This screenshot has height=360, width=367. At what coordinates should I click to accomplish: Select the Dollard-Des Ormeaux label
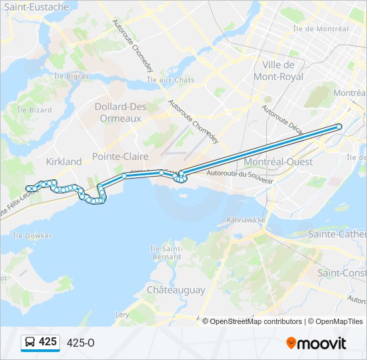click(x=119, y=112)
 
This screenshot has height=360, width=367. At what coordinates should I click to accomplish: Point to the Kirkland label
click(x=63, y=161)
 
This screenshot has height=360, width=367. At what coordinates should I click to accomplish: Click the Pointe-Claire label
click(x=120, y=156)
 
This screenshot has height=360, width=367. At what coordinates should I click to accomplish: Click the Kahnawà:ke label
click(x=246, y=219)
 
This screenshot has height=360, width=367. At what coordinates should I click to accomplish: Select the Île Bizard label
click(x=30, y=109)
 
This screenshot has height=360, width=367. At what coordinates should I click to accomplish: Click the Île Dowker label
click(x=32, y=235)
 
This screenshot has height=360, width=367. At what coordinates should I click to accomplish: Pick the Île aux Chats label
click(x=171, y=80)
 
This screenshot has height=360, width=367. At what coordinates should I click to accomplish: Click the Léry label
click(x=122, y=314)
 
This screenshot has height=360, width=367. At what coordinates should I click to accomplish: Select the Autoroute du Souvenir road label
click(x=240, y=175)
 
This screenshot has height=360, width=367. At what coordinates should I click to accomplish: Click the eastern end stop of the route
click(x=339, y=127)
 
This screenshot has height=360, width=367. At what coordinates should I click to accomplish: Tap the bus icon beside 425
click(x=30, y=343)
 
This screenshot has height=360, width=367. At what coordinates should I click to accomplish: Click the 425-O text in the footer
click(x=81, y=343)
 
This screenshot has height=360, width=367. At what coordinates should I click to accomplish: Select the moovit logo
click(x=316, y=343)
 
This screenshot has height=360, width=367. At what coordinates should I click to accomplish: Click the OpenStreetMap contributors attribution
click(x=256, y=321)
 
